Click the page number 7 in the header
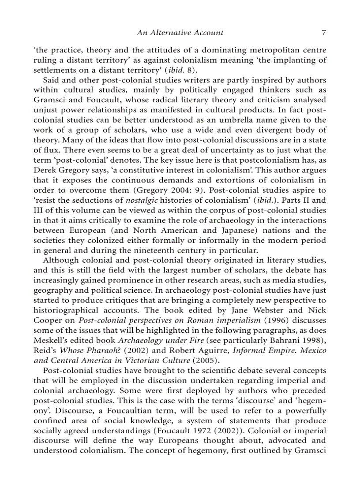(x=323, y=33)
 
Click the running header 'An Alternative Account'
(x=180, y=33)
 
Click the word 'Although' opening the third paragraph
(x=60, y=260)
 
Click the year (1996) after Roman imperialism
(x=276, y=320)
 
